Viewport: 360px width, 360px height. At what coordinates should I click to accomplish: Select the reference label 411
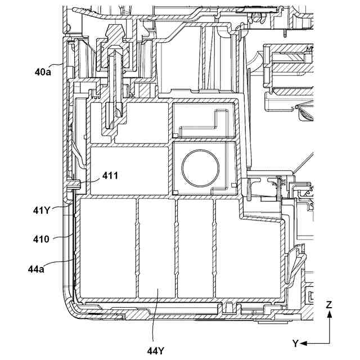110,176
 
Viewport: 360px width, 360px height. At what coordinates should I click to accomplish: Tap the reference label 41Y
42,211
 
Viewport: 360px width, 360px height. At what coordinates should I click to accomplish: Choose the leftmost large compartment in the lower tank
107,247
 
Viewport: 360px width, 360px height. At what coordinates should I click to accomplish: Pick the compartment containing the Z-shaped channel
205,120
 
